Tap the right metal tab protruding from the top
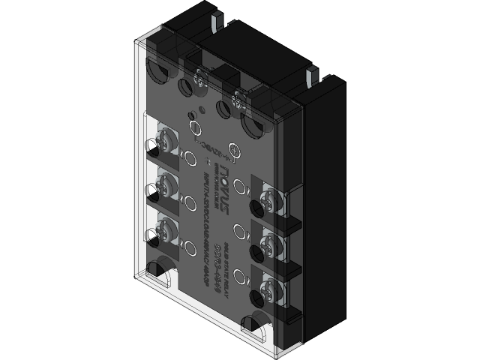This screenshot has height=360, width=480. tap(310, 76)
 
